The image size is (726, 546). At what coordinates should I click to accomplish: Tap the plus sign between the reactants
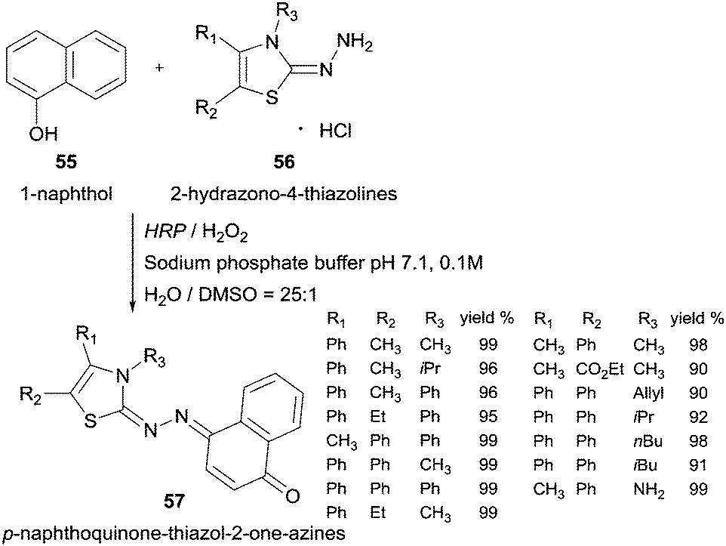(159, 68)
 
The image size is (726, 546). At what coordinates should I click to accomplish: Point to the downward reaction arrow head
(134, 306)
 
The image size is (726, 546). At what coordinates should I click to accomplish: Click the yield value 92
(697, 417)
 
